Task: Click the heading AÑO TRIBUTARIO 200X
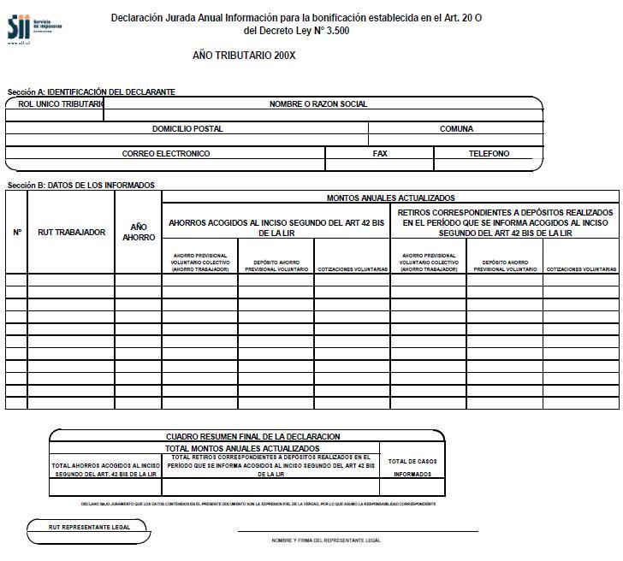pos(244,56)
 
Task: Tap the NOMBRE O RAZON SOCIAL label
pos(317,104)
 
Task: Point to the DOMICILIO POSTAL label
pos(187,129)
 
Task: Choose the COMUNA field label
pos(456,129)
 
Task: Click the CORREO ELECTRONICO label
pos(166,154)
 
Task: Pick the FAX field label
pos(380,154)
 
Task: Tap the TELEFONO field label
pos(489,154)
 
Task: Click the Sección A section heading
pos(92,92)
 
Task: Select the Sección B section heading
pos(81,185)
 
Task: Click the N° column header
pos(17,232)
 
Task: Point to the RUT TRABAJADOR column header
pos(72,232)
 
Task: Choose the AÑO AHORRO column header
pos(139,232)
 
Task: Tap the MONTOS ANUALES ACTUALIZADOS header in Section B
pos(390,198)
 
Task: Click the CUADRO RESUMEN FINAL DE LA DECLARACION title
pos(252,437)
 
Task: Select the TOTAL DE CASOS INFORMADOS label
pos(412,467)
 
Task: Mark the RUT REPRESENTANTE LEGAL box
pos(89,528)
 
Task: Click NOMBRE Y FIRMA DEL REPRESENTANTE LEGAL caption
pos(326,540)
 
